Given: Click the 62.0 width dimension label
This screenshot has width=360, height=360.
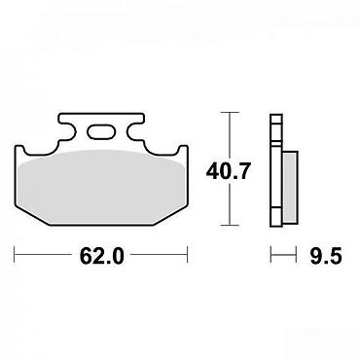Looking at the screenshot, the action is tap(102, 256).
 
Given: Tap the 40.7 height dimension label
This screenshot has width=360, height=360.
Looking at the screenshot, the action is tap(229, 171).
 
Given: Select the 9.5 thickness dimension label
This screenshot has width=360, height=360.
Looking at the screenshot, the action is tap(326, 256).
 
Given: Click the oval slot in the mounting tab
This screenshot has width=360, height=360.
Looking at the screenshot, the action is tap(101, 132).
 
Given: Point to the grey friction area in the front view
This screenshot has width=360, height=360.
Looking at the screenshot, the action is tap(101, 187).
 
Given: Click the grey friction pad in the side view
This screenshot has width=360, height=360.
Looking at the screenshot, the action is tap(290, 187).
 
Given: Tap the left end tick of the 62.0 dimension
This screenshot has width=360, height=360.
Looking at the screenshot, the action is tap(15, 255).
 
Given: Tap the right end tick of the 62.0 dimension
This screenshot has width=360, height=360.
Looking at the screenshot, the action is tap(188, 255).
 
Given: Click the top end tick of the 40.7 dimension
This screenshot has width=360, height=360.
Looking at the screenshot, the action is tap(230, 113).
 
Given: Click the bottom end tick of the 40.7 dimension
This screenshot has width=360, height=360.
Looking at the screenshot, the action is tap(230, 225).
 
